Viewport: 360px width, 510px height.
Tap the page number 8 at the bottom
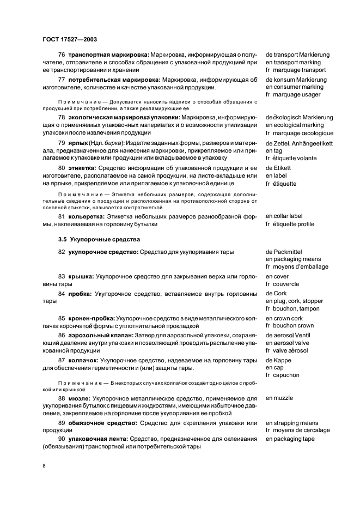click(x=44, y=466)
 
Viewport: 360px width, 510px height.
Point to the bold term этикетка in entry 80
click(x=82, y=168)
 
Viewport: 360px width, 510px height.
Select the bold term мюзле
click(x=79, y=398)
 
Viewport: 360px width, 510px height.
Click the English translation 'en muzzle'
click(x=279, y=398)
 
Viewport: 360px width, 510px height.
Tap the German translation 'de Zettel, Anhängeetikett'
click(x=300, y=143)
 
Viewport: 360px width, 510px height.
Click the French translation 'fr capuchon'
click(x=282, y=375)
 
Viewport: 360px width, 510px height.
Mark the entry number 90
click(x=62, y=439)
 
